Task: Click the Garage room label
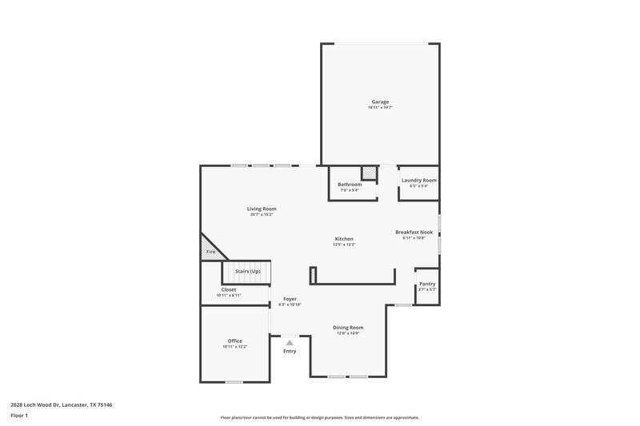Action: (x=380, y=102)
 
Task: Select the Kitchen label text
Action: (x=344, y=238)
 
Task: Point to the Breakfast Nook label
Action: (x=414, y=232)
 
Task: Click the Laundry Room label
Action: (x=418, y=181)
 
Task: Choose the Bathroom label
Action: (x=350, y=185)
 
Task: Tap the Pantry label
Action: (x=427, y=284)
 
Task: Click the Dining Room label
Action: (x=348, y=327)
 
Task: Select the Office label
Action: (x=234, y=340)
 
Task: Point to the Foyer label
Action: (x=289, y=299)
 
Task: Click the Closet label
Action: (x=229, y=289)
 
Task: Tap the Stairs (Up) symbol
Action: (x=247, y=271)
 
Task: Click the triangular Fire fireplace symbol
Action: (x=210, y=249)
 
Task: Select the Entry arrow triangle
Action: (x=290, y=342)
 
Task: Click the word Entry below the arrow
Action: (x=290, y=352)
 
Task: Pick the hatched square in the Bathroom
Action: (x=369, y=173)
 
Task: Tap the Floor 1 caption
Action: (x=20, y=416)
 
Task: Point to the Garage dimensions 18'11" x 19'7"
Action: (x=380, y=107)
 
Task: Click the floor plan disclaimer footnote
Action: (x=320, y=417)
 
